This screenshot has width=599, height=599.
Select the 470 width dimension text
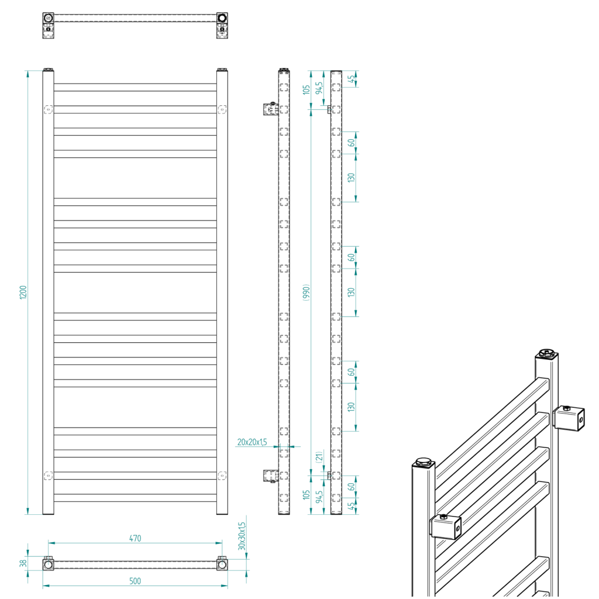135,538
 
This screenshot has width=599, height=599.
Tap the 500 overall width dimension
135,581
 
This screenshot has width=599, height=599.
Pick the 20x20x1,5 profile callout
252,442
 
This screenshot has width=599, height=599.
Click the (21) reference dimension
319,457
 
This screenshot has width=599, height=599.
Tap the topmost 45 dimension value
352,79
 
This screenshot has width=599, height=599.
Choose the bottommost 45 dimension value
352,507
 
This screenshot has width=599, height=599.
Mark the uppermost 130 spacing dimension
352,177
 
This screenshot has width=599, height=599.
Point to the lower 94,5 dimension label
319,497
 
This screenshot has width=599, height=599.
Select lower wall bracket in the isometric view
446,527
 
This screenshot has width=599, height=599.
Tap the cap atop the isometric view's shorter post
423,463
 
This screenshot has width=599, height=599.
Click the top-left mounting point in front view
48,109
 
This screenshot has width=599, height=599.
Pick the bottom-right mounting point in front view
222,476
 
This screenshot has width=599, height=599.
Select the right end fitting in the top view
222,18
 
